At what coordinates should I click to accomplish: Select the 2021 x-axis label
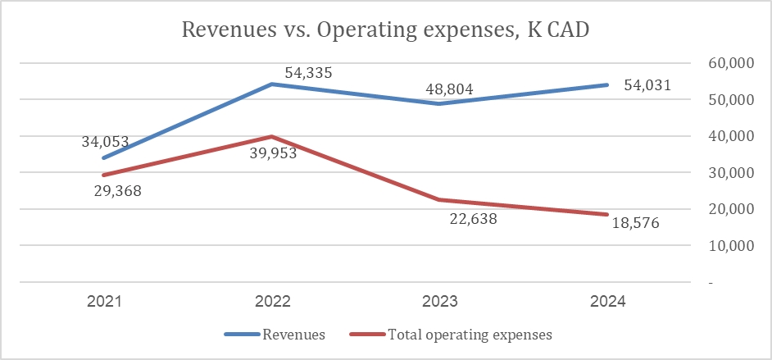coord(106,302)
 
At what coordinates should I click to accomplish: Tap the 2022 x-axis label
coord(273,302)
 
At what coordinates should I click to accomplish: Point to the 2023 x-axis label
coord(440,302)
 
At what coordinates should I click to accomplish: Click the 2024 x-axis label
coord(607,302)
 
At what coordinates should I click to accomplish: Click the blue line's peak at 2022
coord(273,84)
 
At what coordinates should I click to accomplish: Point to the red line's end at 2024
coord(607,215)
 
